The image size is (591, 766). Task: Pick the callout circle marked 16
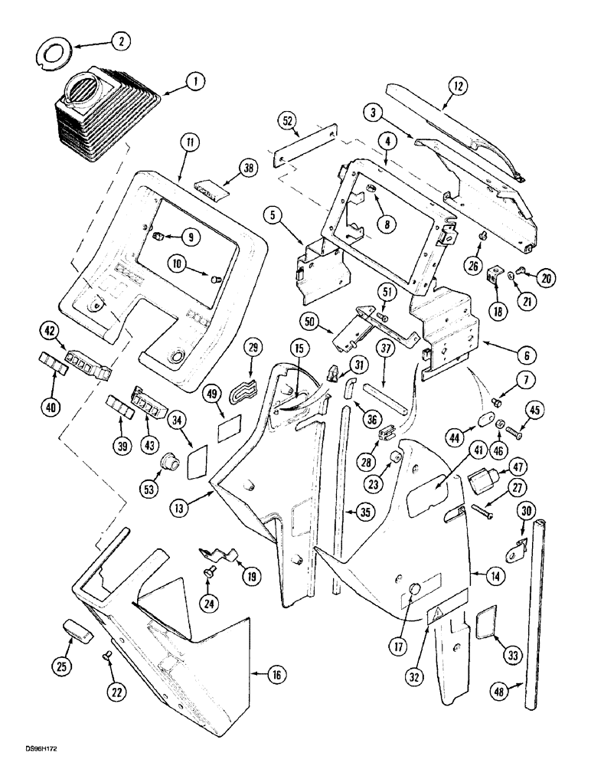pyautogui.click(x=273, y=675)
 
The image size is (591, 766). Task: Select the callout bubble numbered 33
pyautogui.click(x=504, y=635)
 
